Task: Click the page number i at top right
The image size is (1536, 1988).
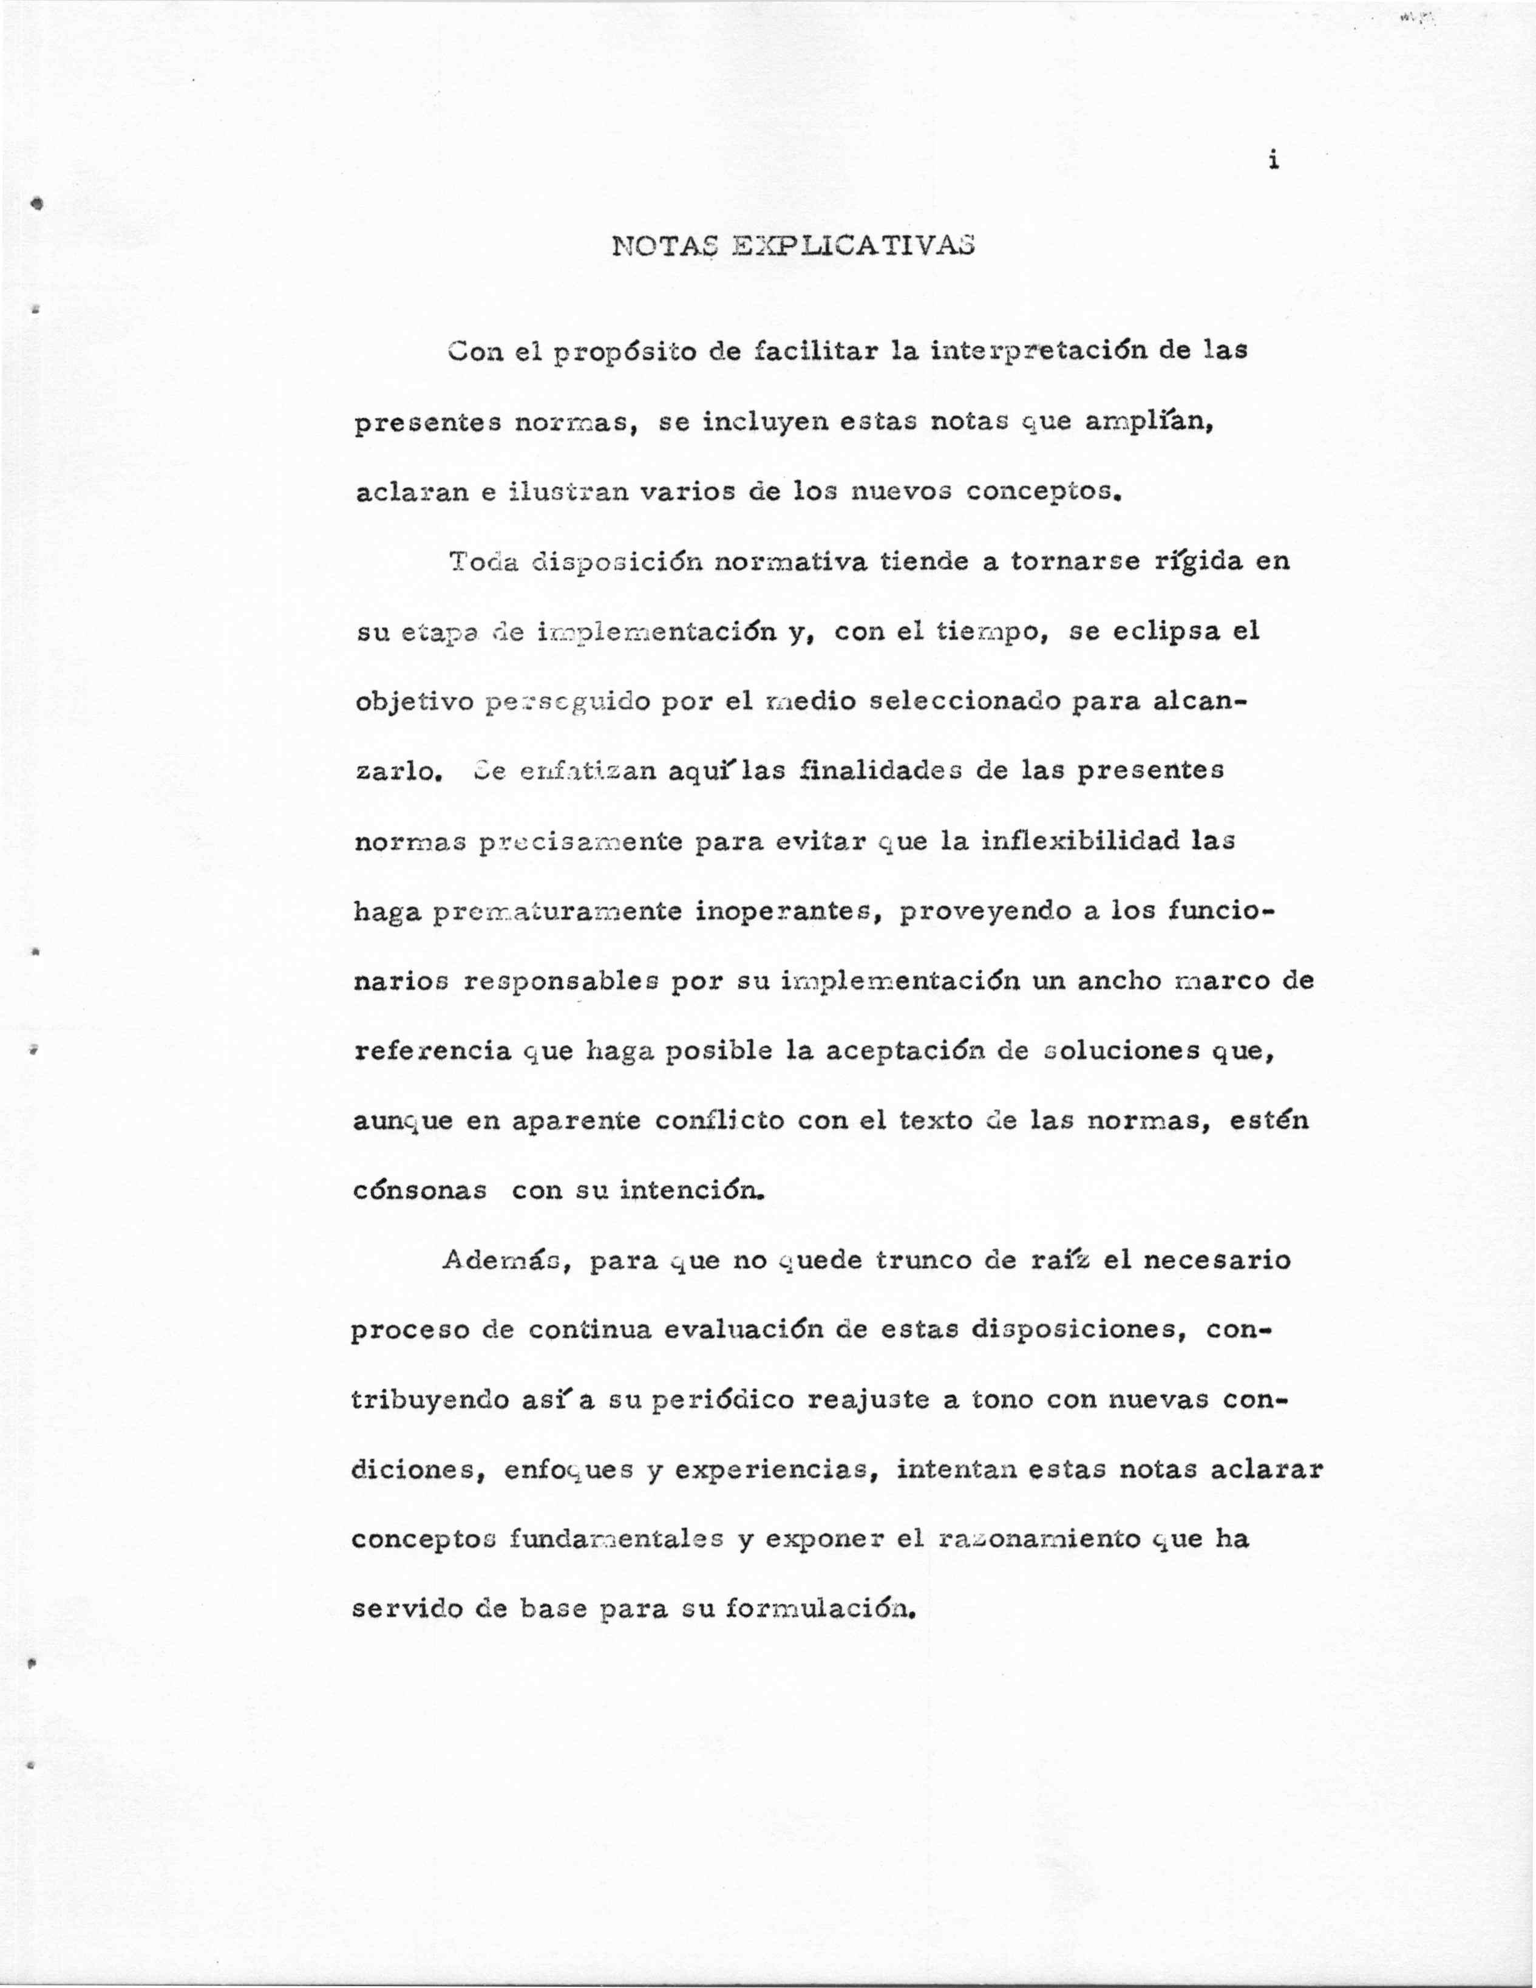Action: pyautogui.click(x=1274, y=160)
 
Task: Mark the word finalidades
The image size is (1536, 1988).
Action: pyautogui.click(x=876, y=771)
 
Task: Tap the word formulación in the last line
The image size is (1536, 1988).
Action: pyautogui.click(x=819, y=1610)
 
